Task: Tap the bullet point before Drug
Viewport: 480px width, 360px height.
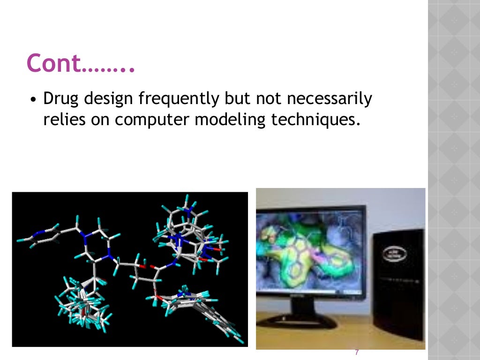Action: [x=33, y=101]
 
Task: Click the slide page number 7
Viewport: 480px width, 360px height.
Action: [x=357, y=352]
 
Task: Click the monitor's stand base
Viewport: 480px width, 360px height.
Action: [x=297, y=321]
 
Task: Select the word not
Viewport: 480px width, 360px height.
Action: [x=267, y=99]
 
